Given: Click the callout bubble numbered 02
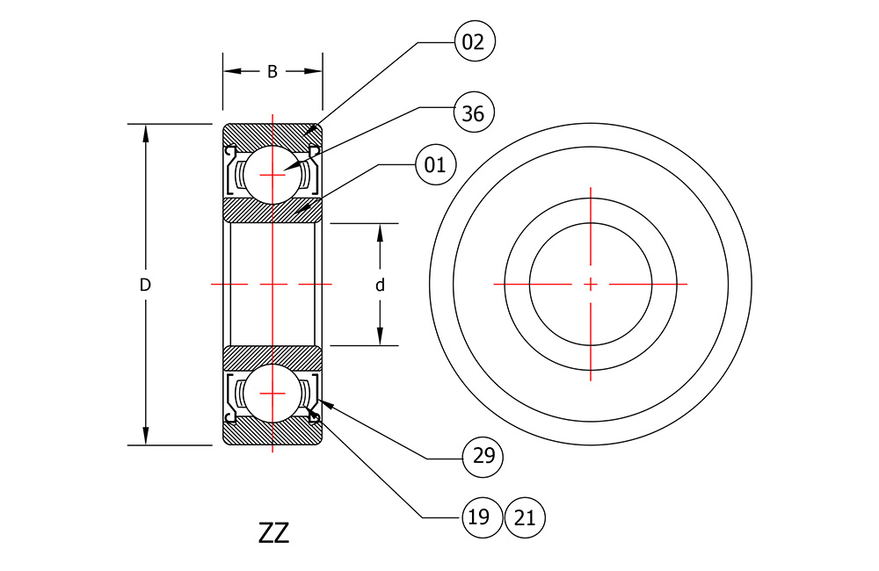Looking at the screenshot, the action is tap(475, 41).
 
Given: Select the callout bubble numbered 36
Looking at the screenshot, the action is tap(474, 112).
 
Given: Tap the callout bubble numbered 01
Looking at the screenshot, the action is tap(436, 165).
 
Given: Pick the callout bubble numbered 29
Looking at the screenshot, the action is tap(483, 457).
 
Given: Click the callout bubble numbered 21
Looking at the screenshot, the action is tap(525, 517).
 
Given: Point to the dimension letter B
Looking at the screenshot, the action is tap(272, 72).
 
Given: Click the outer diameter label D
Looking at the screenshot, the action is tap(145, 285).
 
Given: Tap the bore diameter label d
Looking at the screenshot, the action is tap(380, 285).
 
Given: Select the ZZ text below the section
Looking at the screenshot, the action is tap(273, 533).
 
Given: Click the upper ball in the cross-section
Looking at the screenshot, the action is tap(272, 175).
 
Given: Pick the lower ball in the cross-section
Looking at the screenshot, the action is tap(272, 394).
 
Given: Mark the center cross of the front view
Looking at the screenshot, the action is tap(591, 285).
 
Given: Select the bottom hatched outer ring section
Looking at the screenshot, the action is tap(272, 432).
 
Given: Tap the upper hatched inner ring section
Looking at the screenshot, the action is tap(272, 211).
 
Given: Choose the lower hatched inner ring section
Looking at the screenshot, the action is tap(272, 358).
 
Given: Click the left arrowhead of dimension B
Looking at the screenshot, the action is tap(231, 71).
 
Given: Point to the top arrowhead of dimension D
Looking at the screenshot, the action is tap(146, 133).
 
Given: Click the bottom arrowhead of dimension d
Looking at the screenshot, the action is tap(380, 336).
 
